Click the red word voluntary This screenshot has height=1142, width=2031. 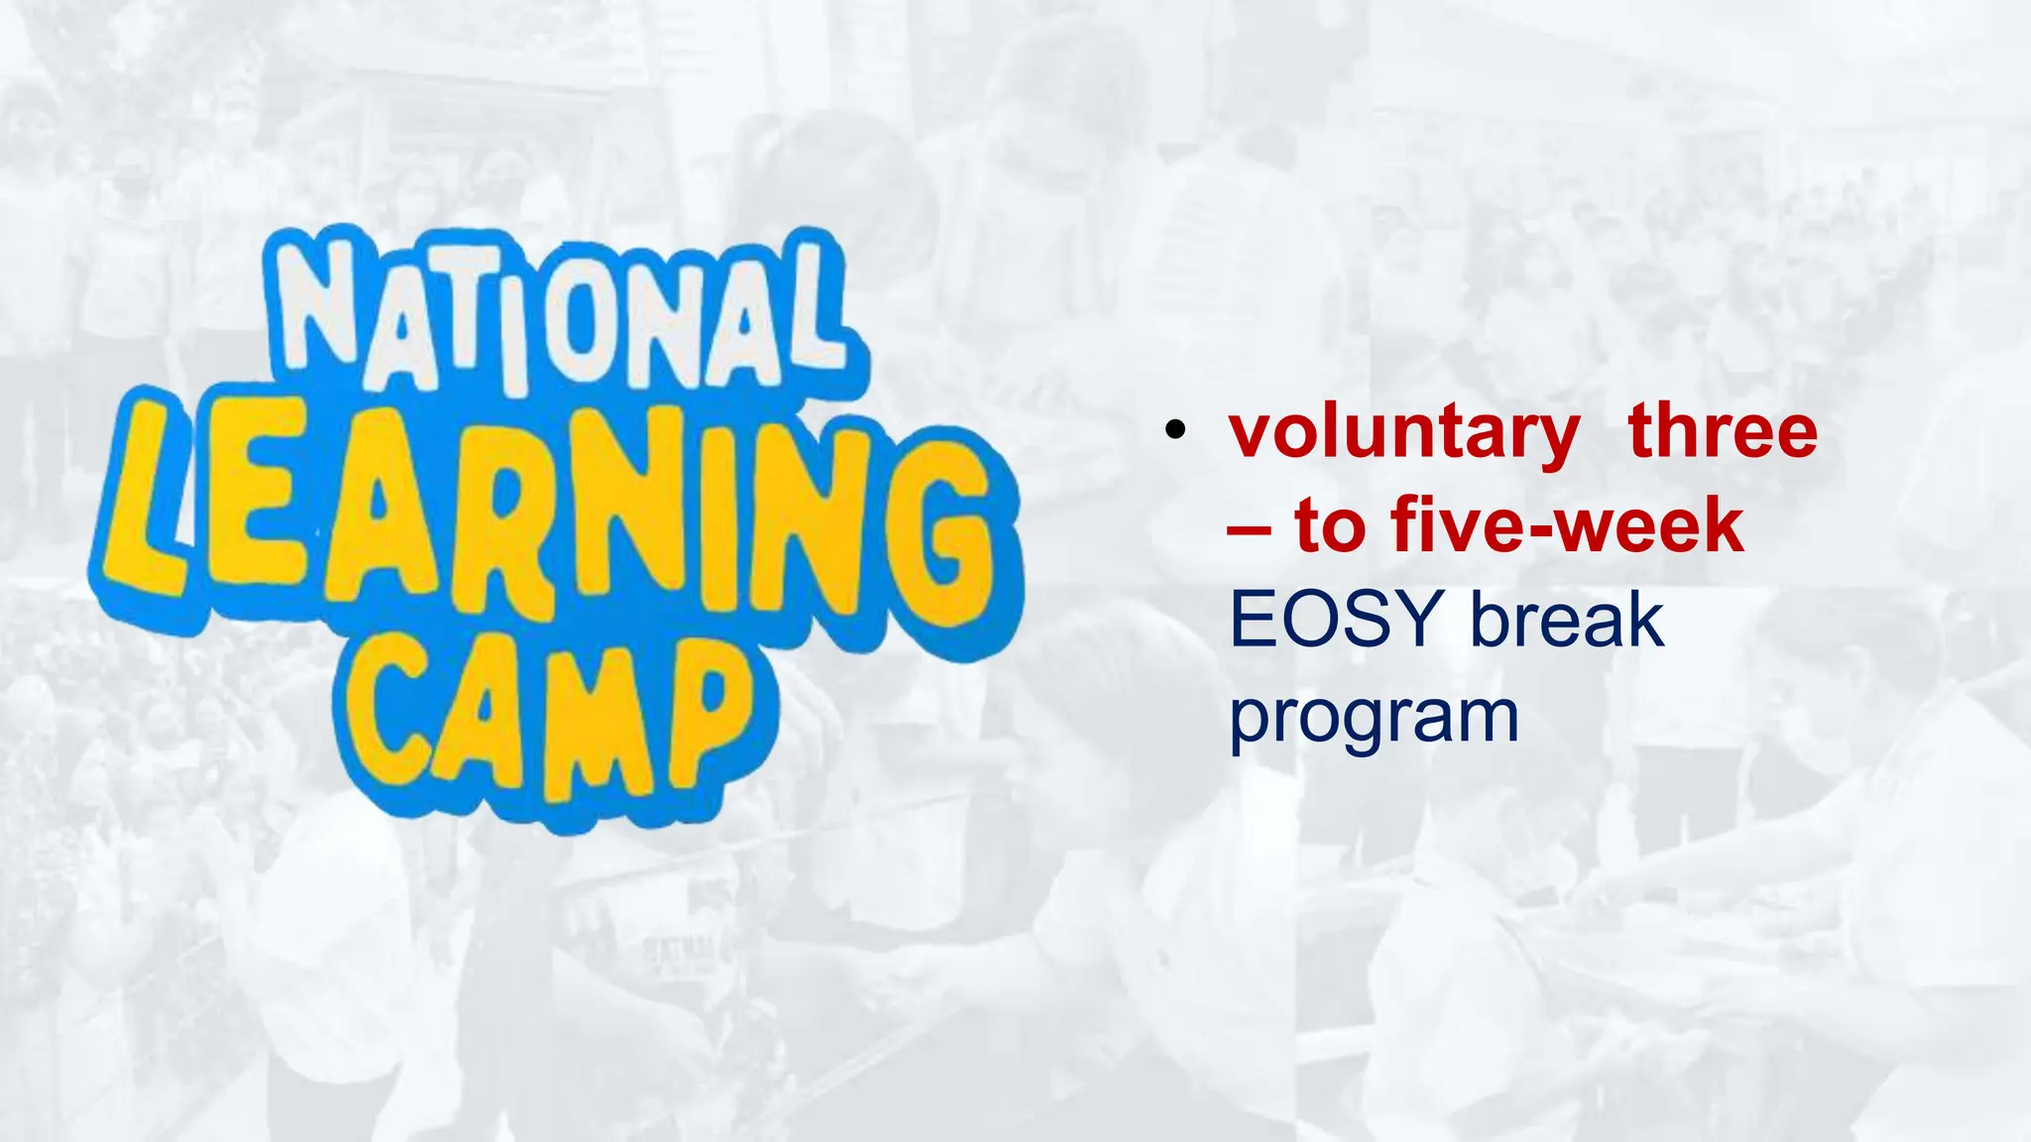click(x=1404, y=432)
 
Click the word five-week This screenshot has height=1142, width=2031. click(x=1567, y=525)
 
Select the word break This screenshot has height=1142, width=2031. click(x=1567, y=619)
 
